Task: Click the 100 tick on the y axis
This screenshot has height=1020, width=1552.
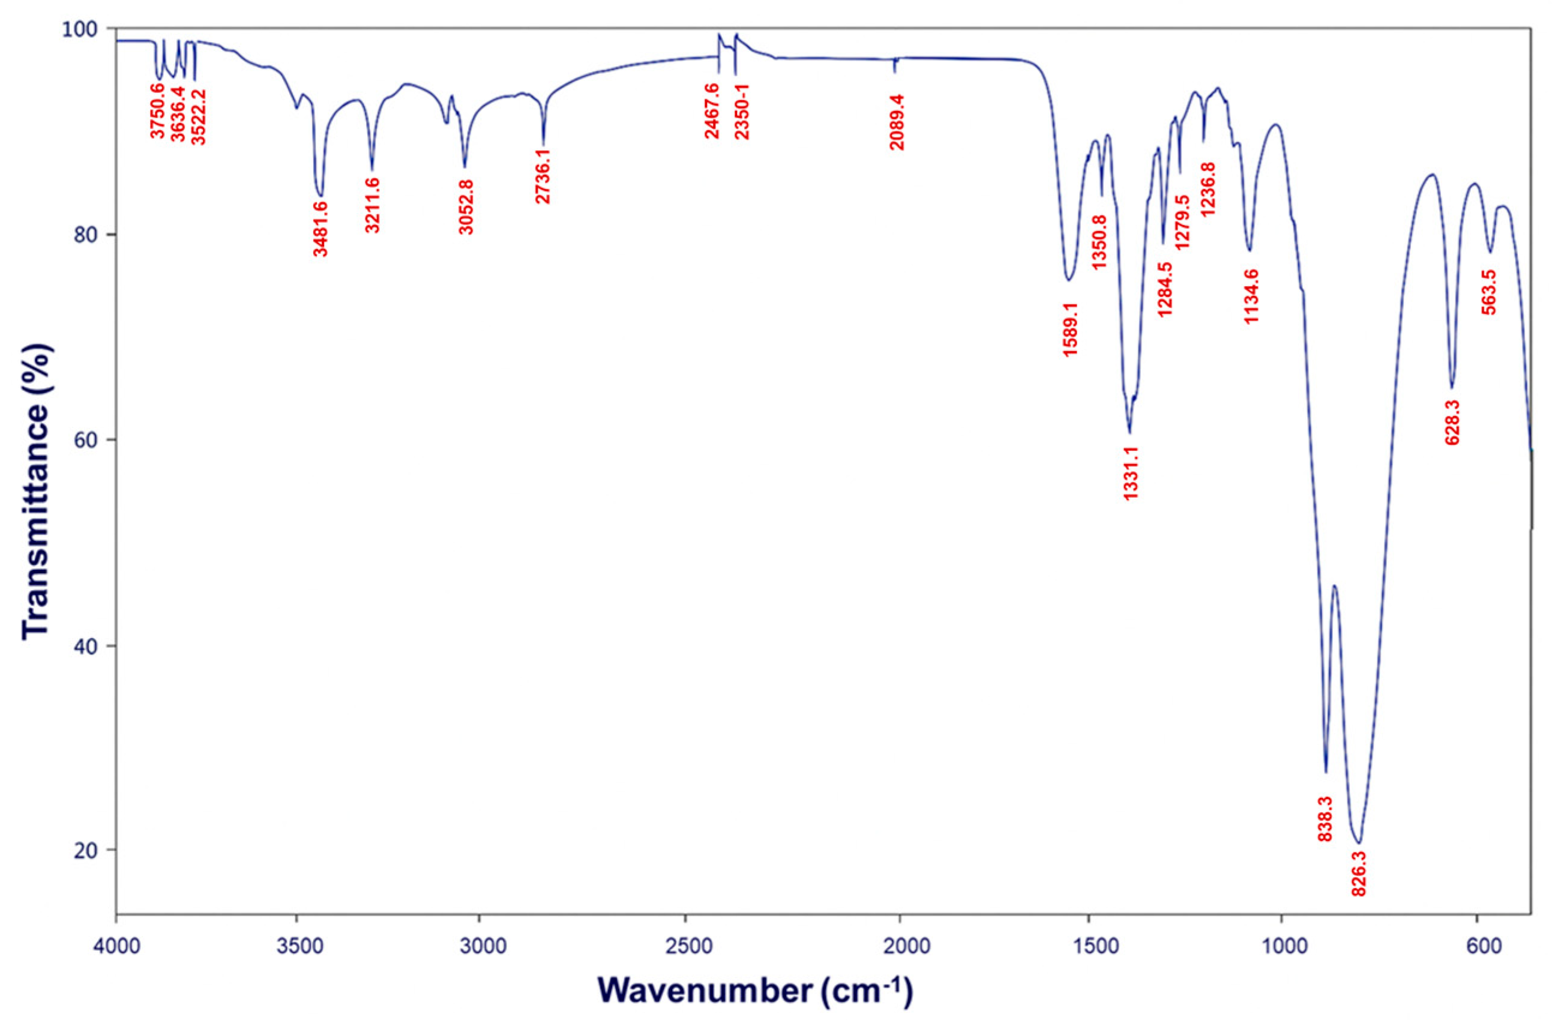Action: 88,29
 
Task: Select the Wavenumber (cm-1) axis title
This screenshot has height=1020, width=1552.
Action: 755,991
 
